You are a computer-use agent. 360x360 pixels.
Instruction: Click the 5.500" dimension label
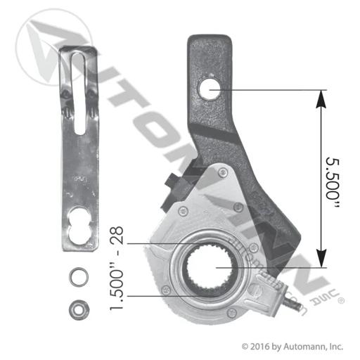[333, 182]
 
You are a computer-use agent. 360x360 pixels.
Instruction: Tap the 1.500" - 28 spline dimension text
[117, 269]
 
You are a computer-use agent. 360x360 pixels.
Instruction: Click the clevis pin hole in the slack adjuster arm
[210, 89]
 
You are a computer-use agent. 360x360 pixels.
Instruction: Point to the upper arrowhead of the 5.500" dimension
[321, 100]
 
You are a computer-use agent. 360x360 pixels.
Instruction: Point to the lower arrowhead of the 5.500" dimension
[321, 258]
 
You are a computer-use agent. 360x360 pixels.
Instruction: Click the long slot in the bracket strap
[79, 94]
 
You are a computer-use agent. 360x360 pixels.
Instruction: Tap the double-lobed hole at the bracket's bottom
[79, 226]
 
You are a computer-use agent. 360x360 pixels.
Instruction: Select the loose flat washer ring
[79, 277]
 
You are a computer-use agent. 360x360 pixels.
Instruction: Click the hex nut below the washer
[79, 310]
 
